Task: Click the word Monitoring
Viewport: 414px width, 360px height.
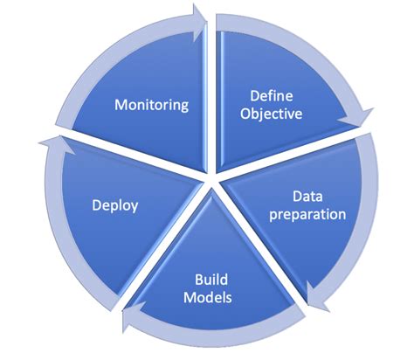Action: (x=152, y=105)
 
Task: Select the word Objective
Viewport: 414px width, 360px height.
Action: (x=272, y=114)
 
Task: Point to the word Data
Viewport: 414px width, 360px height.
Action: (x=307, y=197)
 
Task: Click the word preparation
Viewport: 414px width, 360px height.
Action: (x=307, y=214)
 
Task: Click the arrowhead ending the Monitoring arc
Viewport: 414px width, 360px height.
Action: (x=199, y=17)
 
